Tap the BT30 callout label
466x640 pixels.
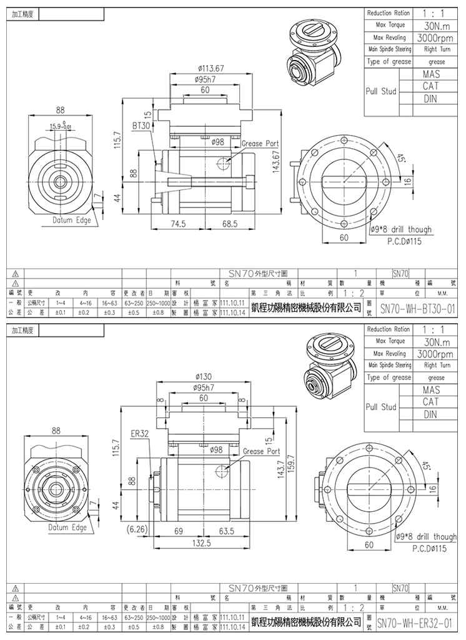[x=142, y=126]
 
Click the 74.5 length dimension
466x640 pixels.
[x=179, y=224]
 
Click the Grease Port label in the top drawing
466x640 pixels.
[x=260, y=144]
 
